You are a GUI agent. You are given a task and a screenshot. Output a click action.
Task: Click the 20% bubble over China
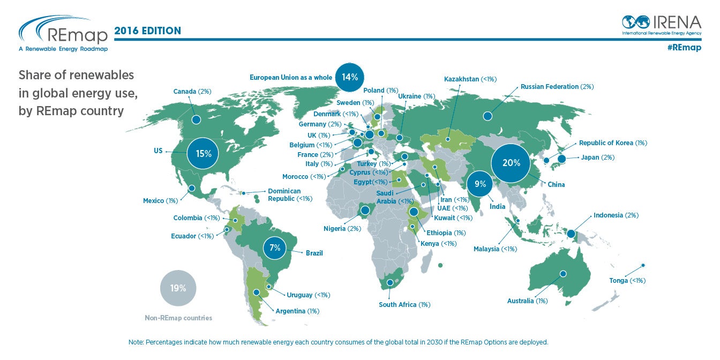pyautogui.click(x=512, y=163)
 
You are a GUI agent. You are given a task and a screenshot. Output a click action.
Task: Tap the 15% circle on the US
pyautogui.click(x=203, y=154)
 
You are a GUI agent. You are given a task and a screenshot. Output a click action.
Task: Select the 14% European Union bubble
pyautogui.click(x=350, y=77)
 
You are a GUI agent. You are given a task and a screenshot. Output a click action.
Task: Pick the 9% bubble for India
pyautogui.click(x=480, y=184)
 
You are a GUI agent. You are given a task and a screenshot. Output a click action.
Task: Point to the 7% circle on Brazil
pyautogui.click(x=275, y=248)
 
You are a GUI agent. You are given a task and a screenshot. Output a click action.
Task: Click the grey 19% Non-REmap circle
pyautogui.click(x=178, y=288)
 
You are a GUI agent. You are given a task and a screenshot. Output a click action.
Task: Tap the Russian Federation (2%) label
pyautogui.click(x=557, y=87)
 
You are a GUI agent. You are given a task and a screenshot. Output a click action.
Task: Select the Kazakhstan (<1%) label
pyautogui.click(x=470, y=79)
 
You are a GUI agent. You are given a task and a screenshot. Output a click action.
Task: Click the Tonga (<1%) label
pyautogui.click(x=627, y=281)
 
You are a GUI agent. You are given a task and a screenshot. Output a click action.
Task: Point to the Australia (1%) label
pyautogui.click(x=527, y=301)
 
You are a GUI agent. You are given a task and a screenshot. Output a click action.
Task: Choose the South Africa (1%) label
pyautogui.click(x=404, y=305)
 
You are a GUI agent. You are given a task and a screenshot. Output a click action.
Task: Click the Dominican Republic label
pyautogui.click(x=289, y=195)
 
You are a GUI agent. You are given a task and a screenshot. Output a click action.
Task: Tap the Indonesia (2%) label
pyautogui.click(x=616, y=215)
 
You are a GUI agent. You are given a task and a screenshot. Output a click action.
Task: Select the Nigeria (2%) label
pyautogui.click(x=342, y=229)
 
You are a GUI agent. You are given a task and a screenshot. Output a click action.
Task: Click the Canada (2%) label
pyautogui.click(x=192, y=92)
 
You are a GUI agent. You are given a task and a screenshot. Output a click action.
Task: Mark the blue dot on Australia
pyautogui.click(x=563, y=274)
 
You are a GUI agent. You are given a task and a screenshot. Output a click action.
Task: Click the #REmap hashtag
pyautogui.click(x=684, y=48)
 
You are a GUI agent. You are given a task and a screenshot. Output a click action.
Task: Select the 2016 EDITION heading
pyautogui.click(x=147, y=31)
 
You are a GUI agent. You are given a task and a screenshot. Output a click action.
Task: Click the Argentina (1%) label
pyautogui.click(x=297, y=311)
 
